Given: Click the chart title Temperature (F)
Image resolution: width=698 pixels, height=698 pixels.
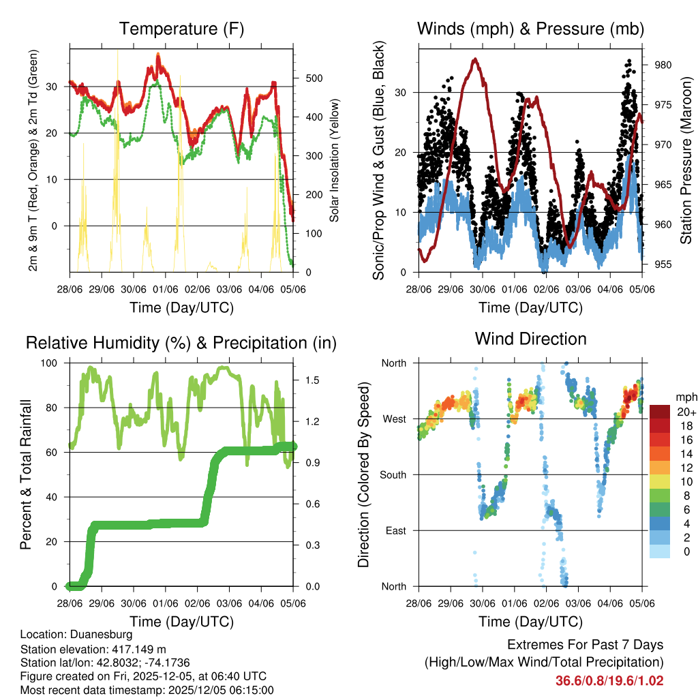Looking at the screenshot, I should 181,29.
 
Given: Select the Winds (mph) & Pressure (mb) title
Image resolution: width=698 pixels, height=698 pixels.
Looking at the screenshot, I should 530,29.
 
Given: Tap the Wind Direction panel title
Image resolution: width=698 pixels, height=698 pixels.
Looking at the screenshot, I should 530,339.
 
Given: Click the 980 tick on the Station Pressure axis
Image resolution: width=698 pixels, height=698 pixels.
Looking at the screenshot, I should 664,65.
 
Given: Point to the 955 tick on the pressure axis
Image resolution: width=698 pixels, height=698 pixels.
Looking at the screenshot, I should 664,264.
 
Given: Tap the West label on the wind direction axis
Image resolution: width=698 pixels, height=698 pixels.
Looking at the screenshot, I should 393,419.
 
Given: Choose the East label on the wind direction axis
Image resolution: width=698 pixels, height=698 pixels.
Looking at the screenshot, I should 395,530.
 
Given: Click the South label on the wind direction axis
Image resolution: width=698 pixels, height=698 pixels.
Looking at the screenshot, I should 392,474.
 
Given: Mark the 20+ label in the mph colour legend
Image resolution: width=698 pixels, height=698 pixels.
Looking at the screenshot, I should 684,412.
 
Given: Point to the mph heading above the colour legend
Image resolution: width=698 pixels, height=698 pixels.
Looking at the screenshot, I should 685,396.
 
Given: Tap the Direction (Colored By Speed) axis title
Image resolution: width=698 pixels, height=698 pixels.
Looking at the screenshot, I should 364,474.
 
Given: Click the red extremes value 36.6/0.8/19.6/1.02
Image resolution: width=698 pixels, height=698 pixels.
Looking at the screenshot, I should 609,680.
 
